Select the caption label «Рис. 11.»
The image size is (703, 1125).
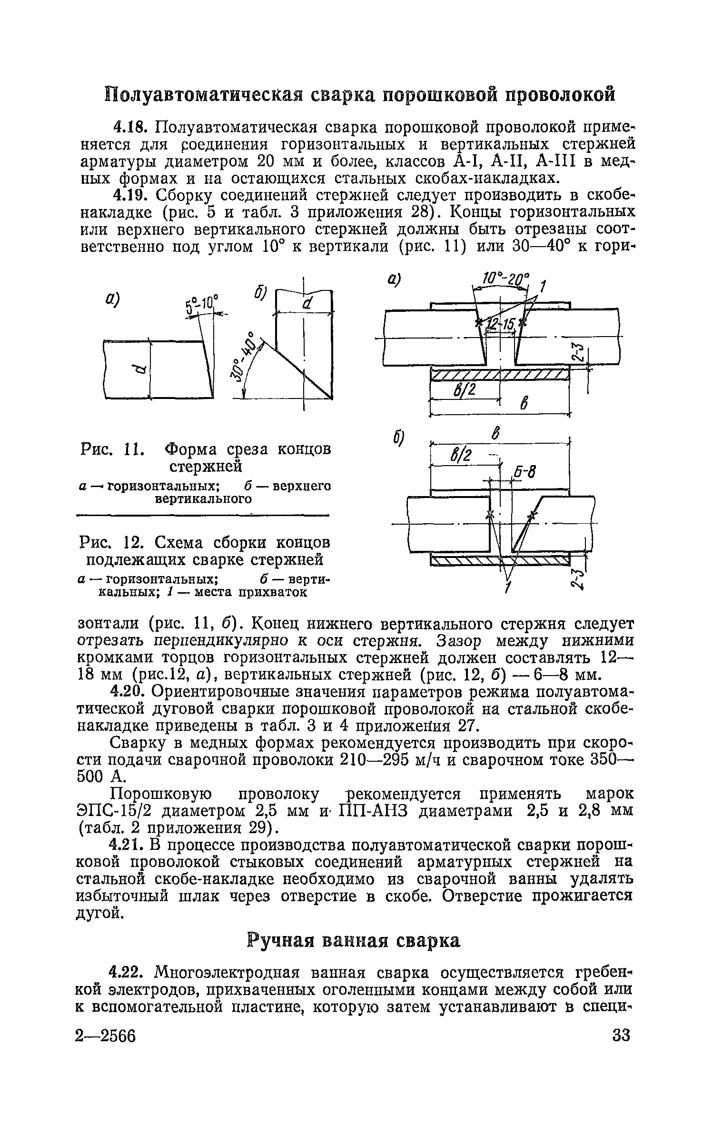tap(110, 449)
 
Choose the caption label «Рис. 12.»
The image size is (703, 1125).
tap(110, 542)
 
